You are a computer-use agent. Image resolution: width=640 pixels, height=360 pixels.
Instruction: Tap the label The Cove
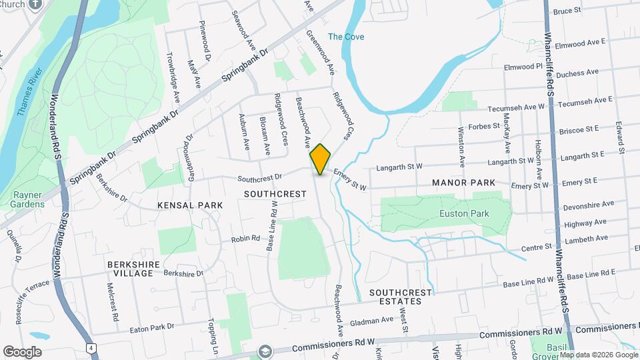[x=346, y=37]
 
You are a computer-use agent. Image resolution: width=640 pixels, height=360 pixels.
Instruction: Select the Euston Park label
[x=464, y=213]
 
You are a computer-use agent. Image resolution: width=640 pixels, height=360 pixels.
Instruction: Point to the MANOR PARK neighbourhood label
[x=463, y=182]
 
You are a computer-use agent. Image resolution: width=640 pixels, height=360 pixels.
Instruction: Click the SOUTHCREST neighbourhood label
[x=275, y=194]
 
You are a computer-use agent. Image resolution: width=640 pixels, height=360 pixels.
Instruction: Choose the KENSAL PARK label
[x=190, y=205]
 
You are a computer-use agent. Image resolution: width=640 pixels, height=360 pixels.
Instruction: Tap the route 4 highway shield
[x=89, y=348]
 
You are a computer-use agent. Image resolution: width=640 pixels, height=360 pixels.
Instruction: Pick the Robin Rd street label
[x=245, y=239]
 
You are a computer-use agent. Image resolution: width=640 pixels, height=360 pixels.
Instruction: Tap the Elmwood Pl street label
[x=523, y=67]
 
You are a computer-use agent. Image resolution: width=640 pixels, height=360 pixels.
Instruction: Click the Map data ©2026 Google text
[x=599, y=355]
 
